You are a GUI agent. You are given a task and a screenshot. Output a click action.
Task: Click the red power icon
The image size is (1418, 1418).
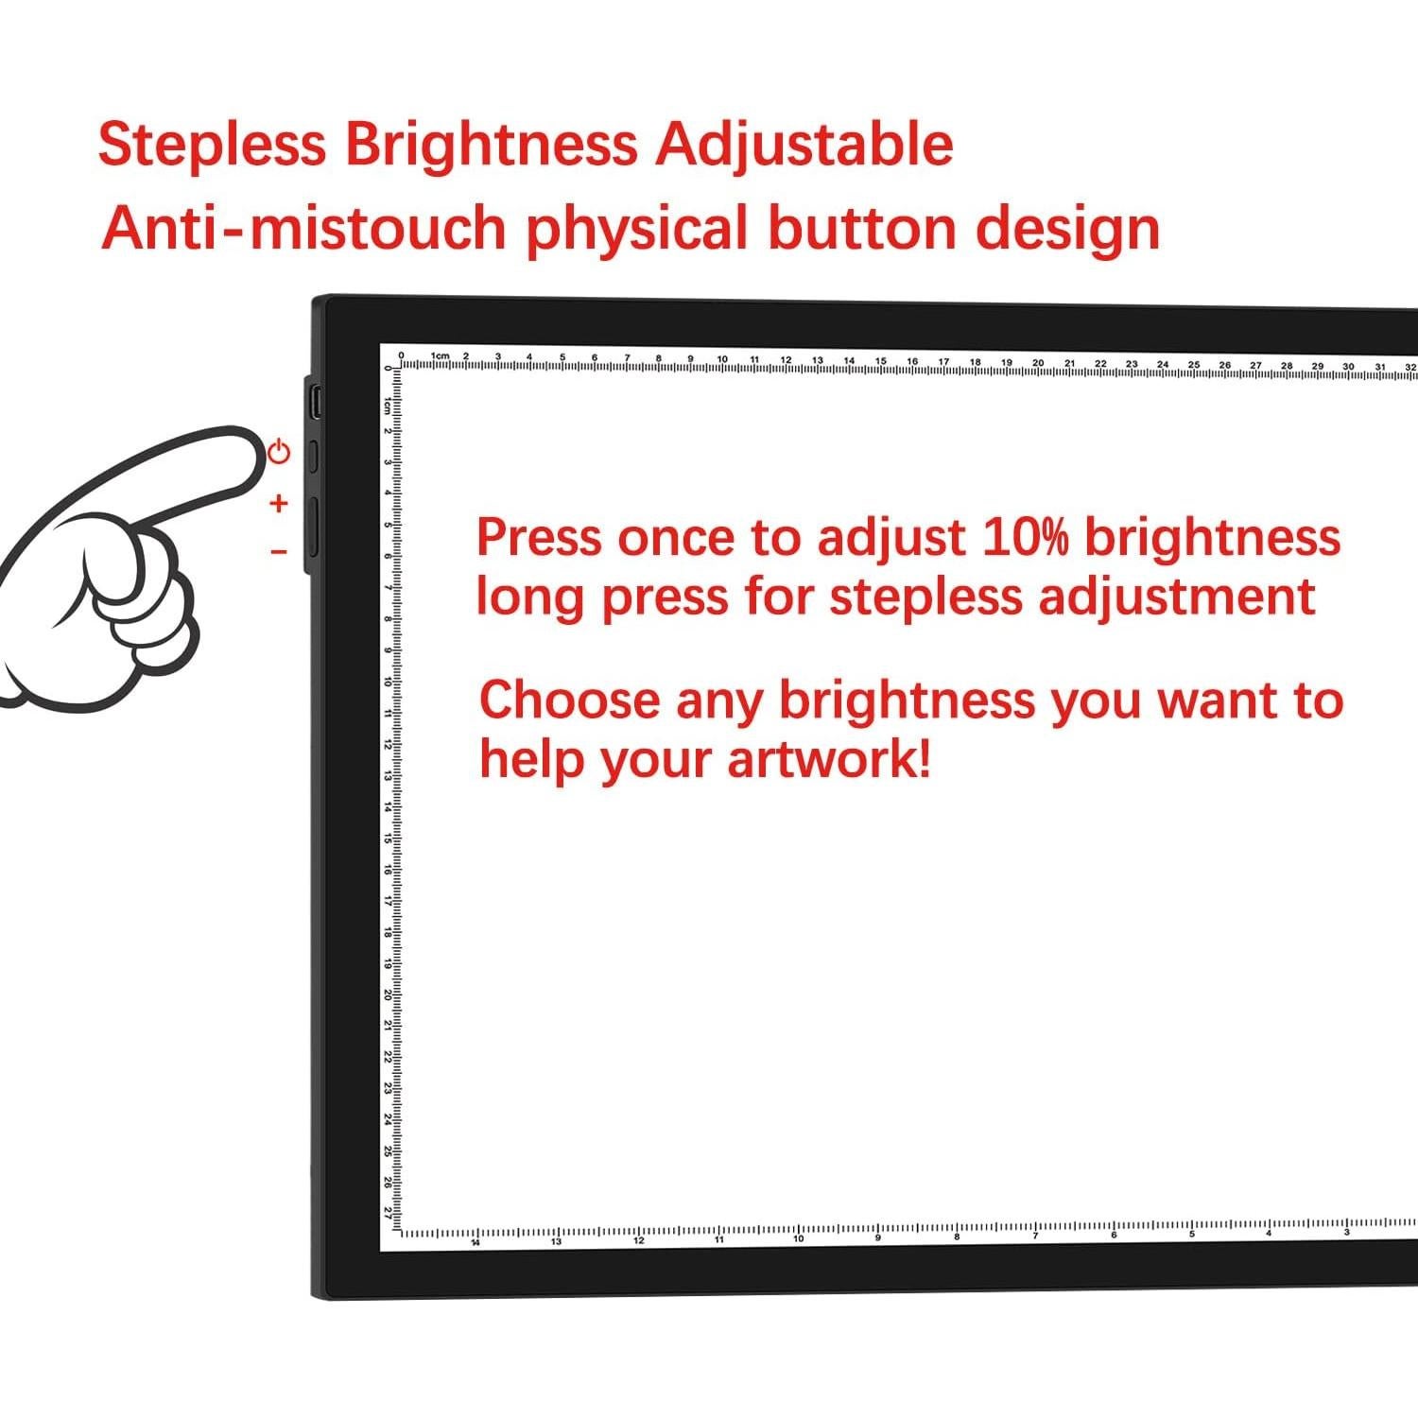pos(279,451)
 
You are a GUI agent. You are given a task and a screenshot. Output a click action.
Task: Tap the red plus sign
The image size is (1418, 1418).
pos(278,503)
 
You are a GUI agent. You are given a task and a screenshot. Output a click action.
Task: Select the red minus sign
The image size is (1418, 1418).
pos(278,551)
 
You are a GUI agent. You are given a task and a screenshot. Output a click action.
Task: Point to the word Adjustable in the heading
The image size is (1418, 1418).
pos(804,145)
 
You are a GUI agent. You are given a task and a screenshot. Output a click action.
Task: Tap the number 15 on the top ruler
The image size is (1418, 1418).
pos(880,361)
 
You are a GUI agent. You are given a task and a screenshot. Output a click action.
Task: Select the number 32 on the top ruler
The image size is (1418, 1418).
pos(1410,366)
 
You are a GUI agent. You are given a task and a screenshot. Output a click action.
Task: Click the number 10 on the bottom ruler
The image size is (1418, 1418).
pos(798,1239)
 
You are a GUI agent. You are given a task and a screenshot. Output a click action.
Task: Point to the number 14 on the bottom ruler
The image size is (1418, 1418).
pos(476,1242)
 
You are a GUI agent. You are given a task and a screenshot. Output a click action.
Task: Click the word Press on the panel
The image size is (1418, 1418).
pos(539,537)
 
